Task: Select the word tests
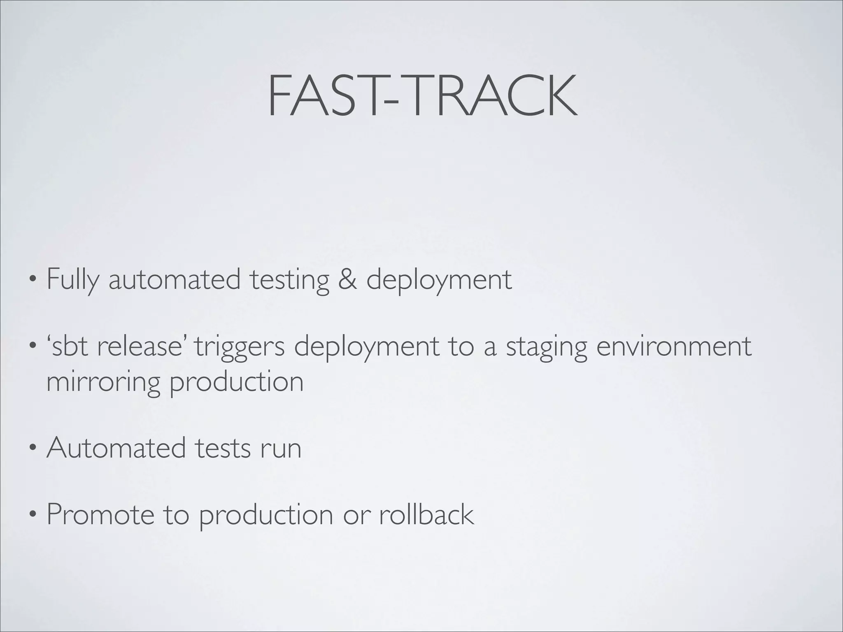pos(223,448)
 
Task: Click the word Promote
pos(100,514)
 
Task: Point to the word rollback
pos(426,514)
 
